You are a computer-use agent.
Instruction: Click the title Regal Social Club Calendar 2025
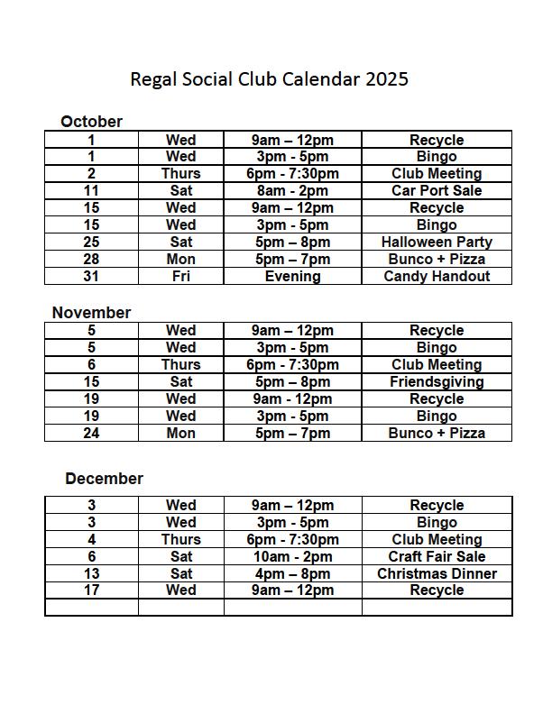click(x=269, y=78)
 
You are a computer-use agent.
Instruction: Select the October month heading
click(x=91, y=122)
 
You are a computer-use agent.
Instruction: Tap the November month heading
click(x=91, y=313)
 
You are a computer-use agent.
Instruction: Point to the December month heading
click(x=104, y=479)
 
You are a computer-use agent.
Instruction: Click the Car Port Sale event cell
click(x=437, y=191)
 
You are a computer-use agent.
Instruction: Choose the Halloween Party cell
click(x=437, y=243)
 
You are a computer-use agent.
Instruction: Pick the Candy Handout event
click(x=437, y=277)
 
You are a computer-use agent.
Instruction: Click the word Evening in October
click(x=292, y=277)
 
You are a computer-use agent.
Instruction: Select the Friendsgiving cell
click(x=437, y=382)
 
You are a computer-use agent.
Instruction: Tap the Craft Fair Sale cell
click(x=437, y=557)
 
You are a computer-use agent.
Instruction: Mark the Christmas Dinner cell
click(x=437, y=574)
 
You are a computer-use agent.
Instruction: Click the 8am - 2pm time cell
click(x=292, y=191)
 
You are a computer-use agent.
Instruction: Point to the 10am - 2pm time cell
click(x=292, y=557)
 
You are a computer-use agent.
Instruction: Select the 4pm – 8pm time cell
click(x=292, y=574)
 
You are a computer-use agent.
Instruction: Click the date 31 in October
click(x=91, y=277)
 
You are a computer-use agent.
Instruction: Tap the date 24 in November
click(x=91, y=434)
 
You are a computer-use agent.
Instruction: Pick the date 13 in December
click(x=91, y=574)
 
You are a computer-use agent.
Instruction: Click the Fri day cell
click(x=180, y=277)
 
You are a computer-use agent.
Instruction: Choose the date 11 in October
click(x=91, y=191)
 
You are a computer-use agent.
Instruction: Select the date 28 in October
click(x=91, y=260)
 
